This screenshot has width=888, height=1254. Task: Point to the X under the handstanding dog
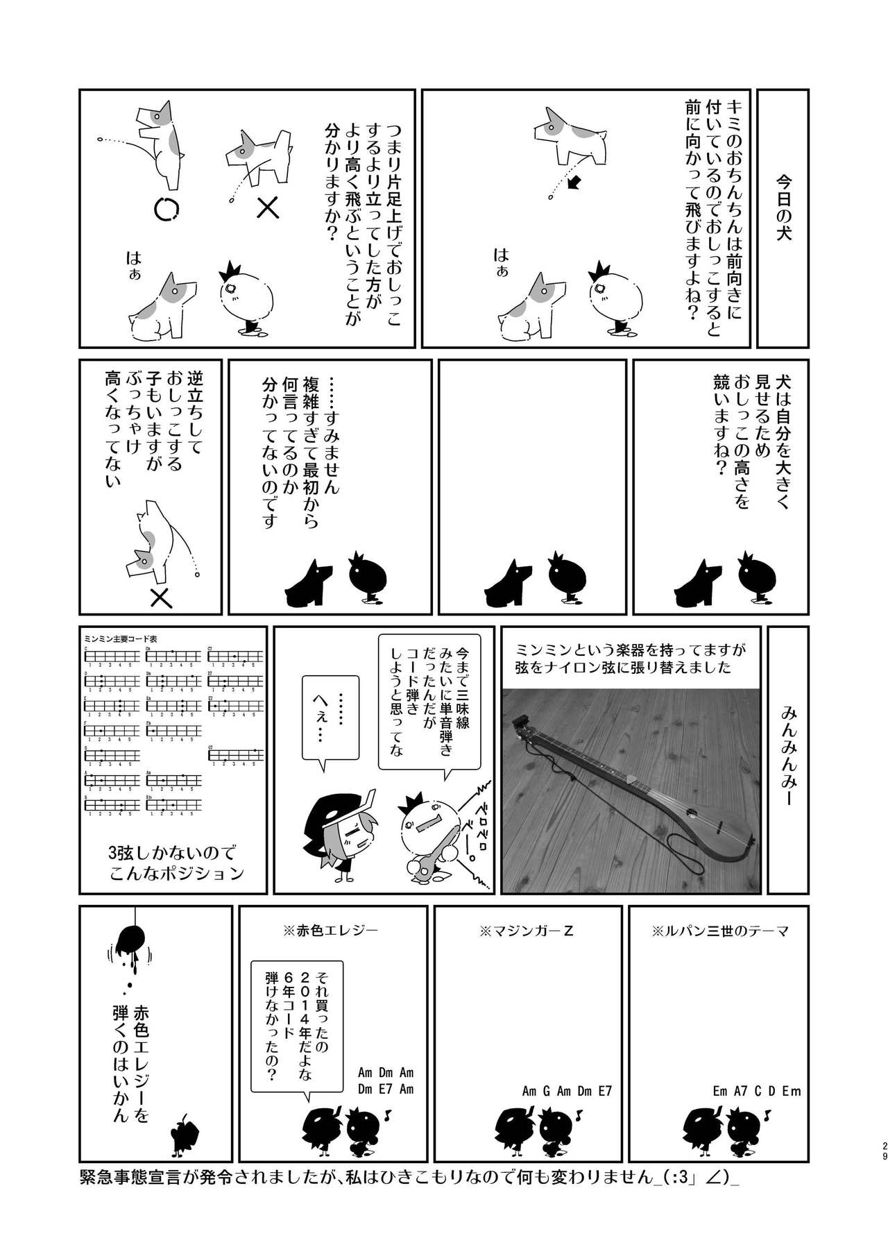161,598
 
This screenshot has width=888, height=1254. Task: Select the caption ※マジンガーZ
526,931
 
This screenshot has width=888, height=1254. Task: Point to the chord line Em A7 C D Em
756,1092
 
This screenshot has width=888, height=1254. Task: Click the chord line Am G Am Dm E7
567,1092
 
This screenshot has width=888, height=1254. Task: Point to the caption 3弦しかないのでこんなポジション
177,863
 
